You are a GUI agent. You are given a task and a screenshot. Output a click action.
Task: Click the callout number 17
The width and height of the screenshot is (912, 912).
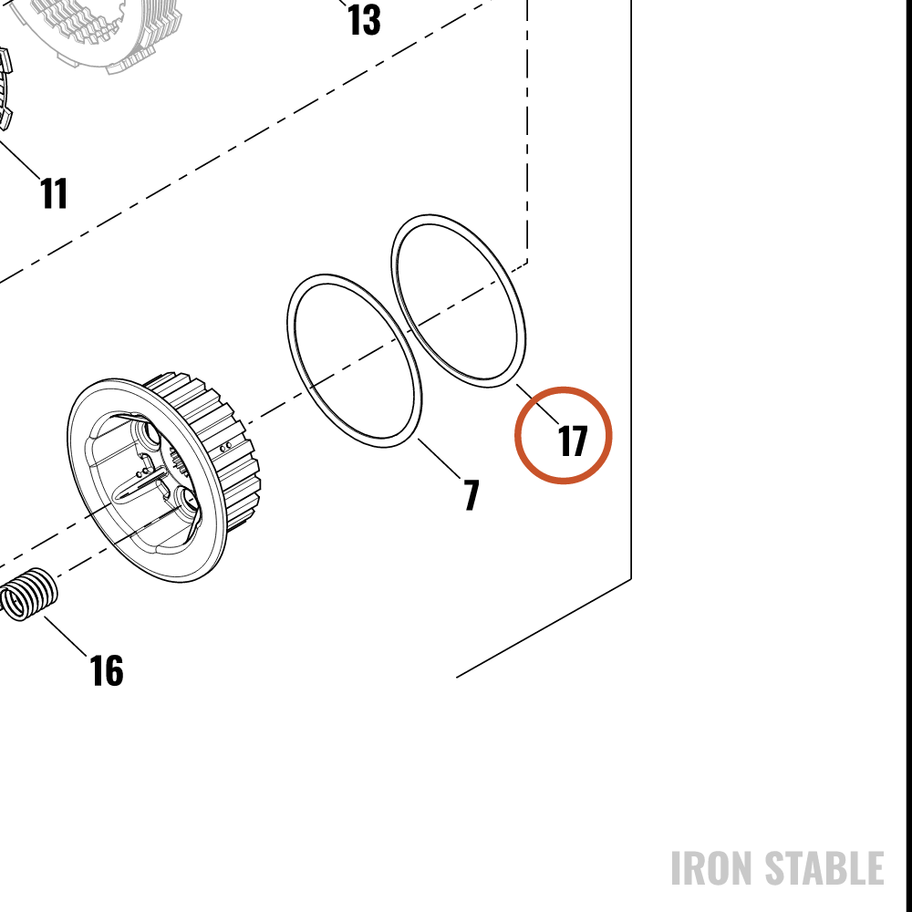tap(573, 440)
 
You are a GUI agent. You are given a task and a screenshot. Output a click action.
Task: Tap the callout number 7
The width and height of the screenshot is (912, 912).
tap(472, 495)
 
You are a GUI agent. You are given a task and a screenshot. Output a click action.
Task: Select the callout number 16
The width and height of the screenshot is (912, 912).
tap(107, 670)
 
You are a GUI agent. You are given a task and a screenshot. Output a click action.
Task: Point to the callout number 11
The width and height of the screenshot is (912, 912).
tap(54, 193)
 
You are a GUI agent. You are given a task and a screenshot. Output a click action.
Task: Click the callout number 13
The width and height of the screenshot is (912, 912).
tap(364, 20)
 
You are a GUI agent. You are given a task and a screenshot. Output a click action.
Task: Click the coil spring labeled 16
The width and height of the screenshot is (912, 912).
tap(28, 595)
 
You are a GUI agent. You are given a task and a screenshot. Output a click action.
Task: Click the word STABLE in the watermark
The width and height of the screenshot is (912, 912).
tap(824, 868)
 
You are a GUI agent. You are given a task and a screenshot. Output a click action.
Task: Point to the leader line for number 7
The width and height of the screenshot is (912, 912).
tap(440, 459)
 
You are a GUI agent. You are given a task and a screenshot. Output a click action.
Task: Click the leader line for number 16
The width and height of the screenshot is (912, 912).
tap(65, 636)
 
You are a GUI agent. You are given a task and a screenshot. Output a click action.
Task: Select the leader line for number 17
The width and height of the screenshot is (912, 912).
tap(537, 403)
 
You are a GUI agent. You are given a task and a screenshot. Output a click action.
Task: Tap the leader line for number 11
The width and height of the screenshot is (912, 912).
tap(19, 157)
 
